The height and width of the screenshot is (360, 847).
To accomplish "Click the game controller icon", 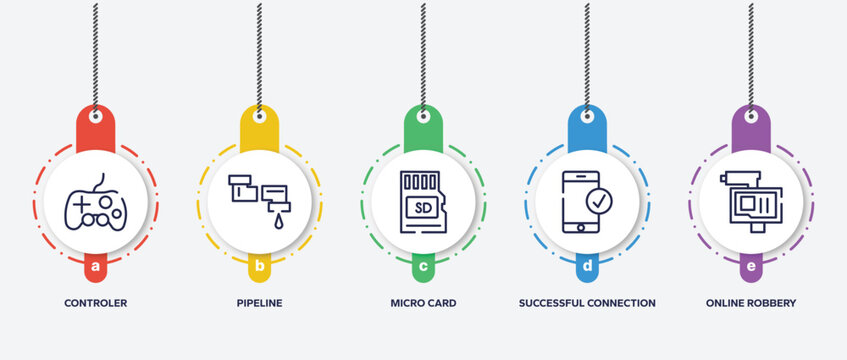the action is point(95,203).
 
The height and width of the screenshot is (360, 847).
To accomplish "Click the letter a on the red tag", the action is point(95,267).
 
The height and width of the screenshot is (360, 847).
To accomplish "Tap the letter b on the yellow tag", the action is point(259,267).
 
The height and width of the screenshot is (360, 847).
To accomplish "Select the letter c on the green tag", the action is point(423,267).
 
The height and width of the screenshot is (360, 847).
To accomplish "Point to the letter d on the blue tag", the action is point(587,267).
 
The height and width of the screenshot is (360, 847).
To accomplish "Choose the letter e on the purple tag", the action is point(751,267).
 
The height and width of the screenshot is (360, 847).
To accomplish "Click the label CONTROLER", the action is point(95,303).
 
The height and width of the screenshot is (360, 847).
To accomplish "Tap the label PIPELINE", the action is point(259,303).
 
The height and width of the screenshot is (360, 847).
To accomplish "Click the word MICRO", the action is point(406,303).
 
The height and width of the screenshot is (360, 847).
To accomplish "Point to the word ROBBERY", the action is point(772,303).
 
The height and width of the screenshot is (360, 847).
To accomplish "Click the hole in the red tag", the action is point(95,116).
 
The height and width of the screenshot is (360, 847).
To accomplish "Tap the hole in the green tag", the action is point(423,116).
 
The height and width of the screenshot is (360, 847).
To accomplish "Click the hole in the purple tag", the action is point(751,116).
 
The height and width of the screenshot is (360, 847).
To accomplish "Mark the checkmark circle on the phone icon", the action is point(599,201).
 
